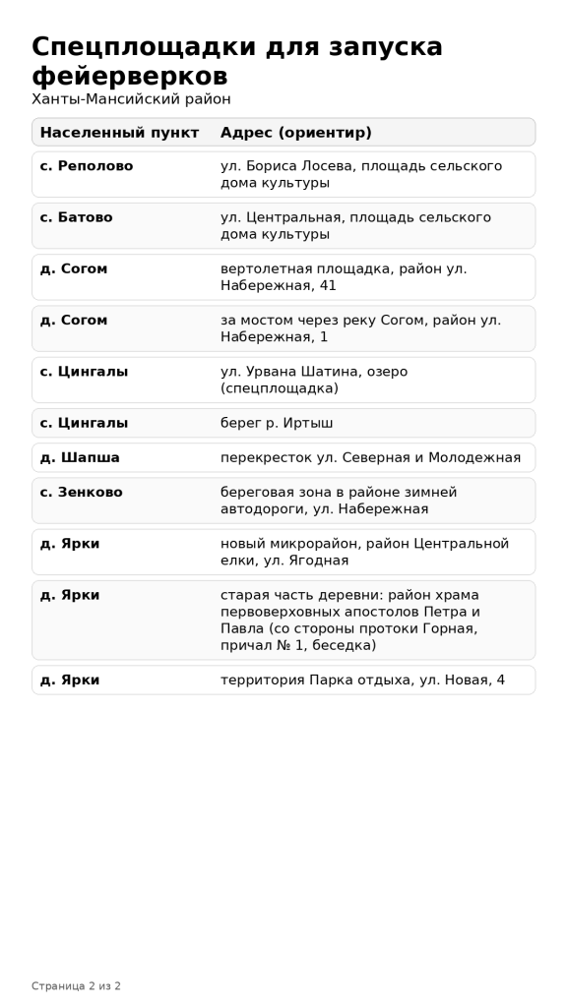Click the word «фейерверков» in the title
click(130, 76)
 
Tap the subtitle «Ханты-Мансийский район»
click(131, 99)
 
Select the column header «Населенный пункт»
click(119, 133)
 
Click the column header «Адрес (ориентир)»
click(295, 133)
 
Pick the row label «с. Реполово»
click(87, 166)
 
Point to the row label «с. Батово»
click(76, 217)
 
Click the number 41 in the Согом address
click(327, 285)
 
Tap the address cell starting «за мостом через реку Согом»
click(360, 328)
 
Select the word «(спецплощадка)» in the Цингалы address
click(279, 388)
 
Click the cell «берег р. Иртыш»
click(277, 423)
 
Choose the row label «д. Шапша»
click(80, 457)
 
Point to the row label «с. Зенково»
click(81, 492)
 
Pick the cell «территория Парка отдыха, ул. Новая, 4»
click(362, 680)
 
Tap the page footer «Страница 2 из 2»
click(76, 985)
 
